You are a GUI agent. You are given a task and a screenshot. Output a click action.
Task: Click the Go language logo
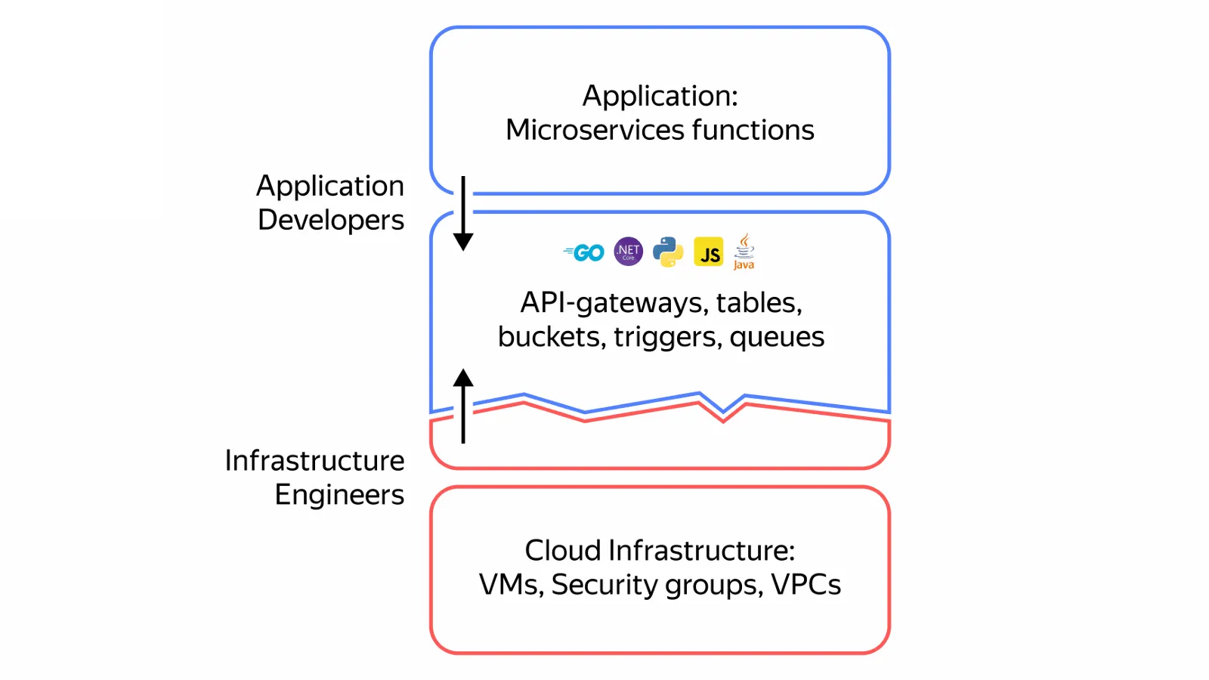click(584, 252)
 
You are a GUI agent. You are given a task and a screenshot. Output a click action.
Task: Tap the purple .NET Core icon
click(628, 252)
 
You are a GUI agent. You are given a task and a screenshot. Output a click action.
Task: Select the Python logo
click(668, 252)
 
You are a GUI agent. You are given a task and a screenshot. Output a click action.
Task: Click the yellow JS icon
click(709, 252)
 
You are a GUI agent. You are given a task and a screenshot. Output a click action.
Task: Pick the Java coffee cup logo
click(744, 251)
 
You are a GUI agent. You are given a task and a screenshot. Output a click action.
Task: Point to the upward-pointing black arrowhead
click(463, 379)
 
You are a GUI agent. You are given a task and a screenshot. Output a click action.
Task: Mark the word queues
click(777, 337)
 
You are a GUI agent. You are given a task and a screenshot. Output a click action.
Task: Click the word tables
click(759, 303)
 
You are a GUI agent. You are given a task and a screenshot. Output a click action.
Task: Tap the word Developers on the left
click(331, 220)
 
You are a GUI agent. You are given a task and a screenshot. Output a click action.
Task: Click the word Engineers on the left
click(339, 495)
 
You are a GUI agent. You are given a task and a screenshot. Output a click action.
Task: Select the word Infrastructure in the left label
click(314, 460)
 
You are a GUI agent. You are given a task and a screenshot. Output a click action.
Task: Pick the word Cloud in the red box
click(563, 551)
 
